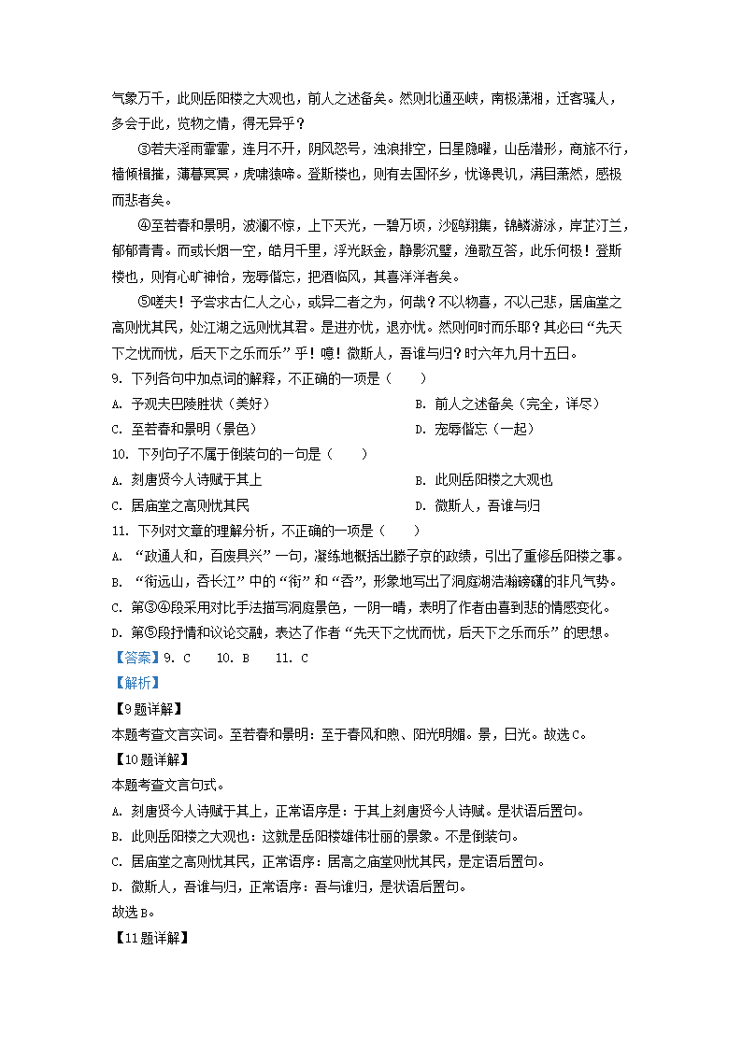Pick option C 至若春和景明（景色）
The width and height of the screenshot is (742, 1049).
click(x=183, y=429)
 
